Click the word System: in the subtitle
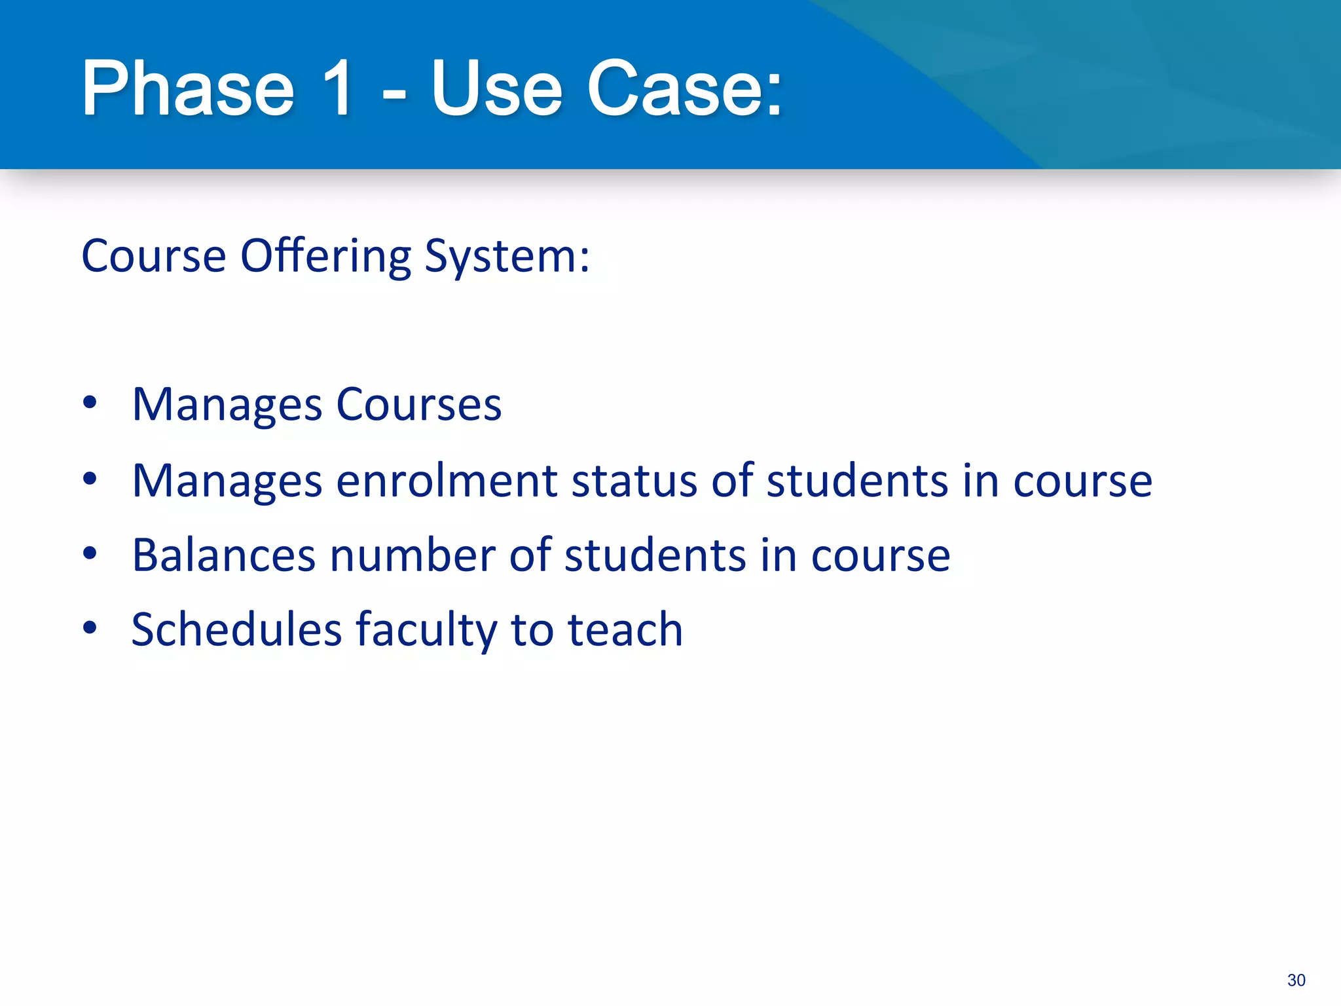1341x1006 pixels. pos(507,256)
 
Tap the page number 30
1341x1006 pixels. pos(1296,980)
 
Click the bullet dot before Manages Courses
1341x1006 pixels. pos(90,403)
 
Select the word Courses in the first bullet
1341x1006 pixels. pos(418,405)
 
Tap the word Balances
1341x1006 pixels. pos(224,555)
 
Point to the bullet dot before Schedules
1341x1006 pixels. pos(90,628)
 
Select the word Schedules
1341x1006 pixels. pos(237,629)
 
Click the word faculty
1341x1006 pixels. pos(426,631)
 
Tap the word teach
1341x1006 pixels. pos(625,629)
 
